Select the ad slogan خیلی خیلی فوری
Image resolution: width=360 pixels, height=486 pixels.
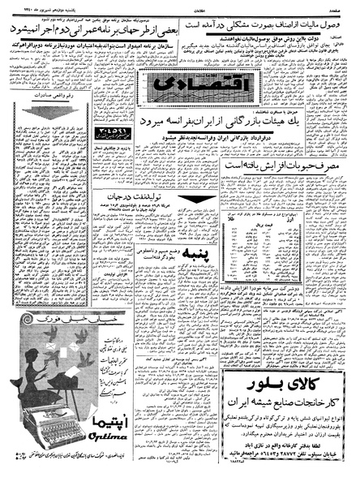54,320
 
